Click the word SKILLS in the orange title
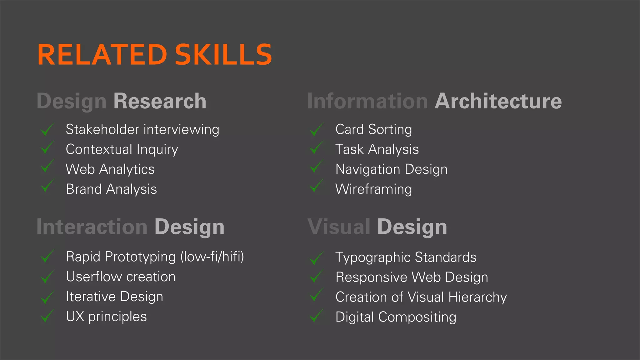pos(223,55)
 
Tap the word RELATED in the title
pos(102,55)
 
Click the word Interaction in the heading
pos(92,227)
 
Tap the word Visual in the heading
pos(339,227)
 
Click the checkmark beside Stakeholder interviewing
pos(47,129)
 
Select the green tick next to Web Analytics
pos(47,166)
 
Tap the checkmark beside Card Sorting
pos(317,129)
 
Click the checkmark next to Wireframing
pos(317,186)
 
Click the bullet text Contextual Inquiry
pos(122,149)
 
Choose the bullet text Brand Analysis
pos(111,189)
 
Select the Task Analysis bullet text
pos(377,149)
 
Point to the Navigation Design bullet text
pos(391,169)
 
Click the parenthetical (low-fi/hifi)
pos(212,257)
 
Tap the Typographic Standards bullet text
pos(406,257)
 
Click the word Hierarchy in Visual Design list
pos(477,297)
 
